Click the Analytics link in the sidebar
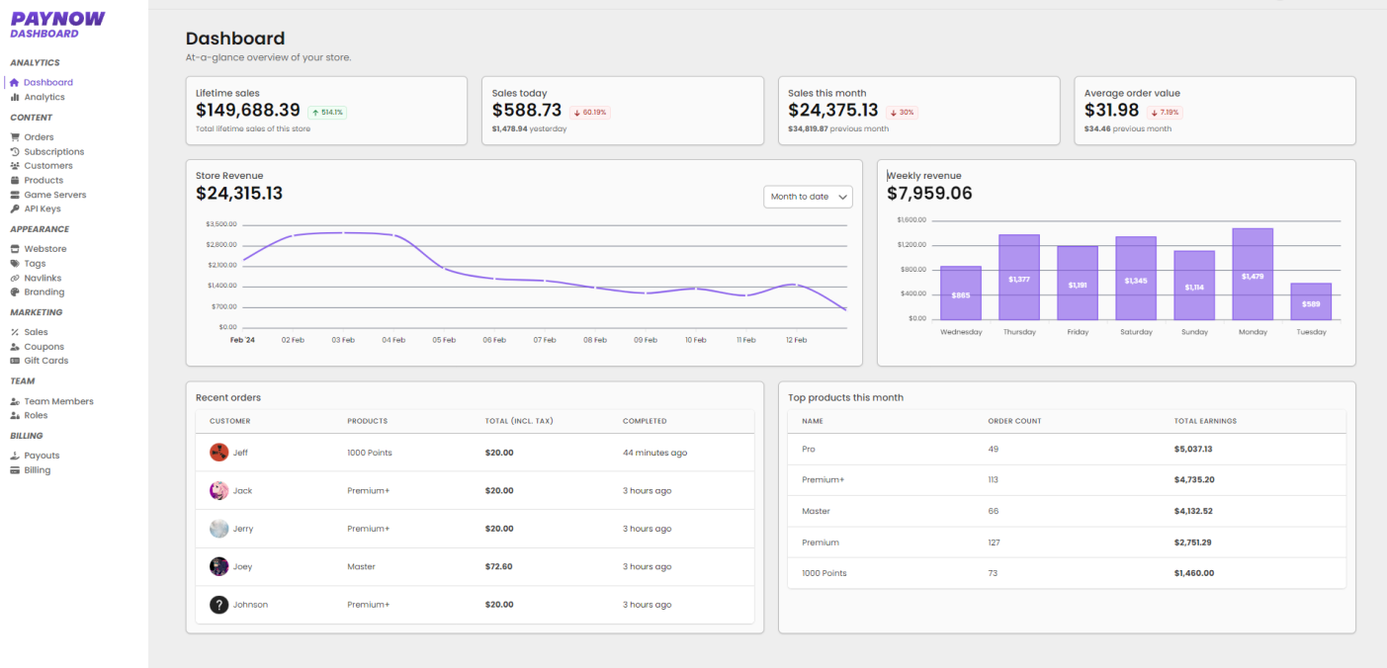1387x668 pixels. (43, 97)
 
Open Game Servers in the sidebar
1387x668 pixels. (54, 195)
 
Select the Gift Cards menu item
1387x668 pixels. (45, 361)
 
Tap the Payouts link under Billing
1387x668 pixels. (42, 456)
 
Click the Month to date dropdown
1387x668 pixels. (807, 197)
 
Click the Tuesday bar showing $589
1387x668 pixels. (1311, 301)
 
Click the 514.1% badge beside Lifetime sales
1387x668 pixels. (327, 113)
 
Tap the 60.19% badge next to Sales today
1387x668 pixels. (590, 113)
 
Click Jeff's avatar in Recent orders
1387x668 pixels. (218, 453)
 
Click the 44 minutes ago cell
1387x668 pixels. (654, 453)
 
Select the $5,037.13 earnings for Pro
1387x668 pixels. (1193, 449)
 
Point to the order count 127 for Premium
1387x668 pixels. (994, 543)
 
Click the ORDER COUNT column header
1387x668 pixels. (1014, 421)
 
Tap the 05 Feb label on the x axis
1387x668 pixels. (444, 340)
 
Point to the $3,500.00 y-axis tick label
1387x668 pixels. (221, 224)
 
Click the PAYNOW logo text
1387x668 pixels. (57, 18)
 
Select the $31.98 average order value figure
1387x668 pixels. (1112, 111)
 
